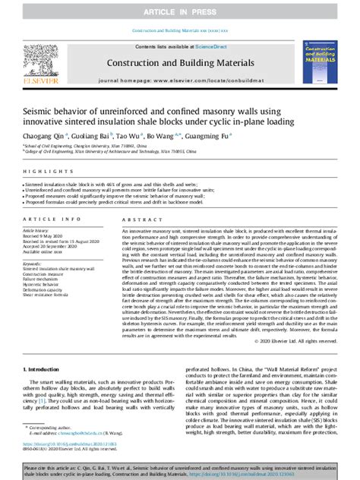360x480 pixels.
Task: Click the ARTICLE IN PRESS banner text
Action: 180,13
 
